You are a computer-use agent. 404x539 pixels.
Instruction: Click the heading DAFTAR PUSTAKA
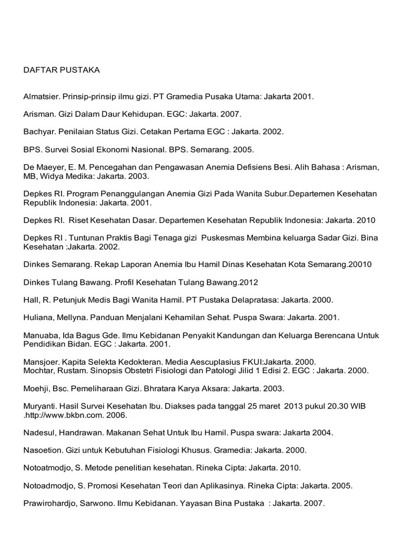tap(62, 69)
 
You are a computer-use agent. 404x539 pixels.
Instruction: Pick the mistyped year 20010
tap(361, 264)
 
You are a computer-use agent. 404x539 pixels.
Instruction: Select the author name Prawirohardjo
tap(50, 503)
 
